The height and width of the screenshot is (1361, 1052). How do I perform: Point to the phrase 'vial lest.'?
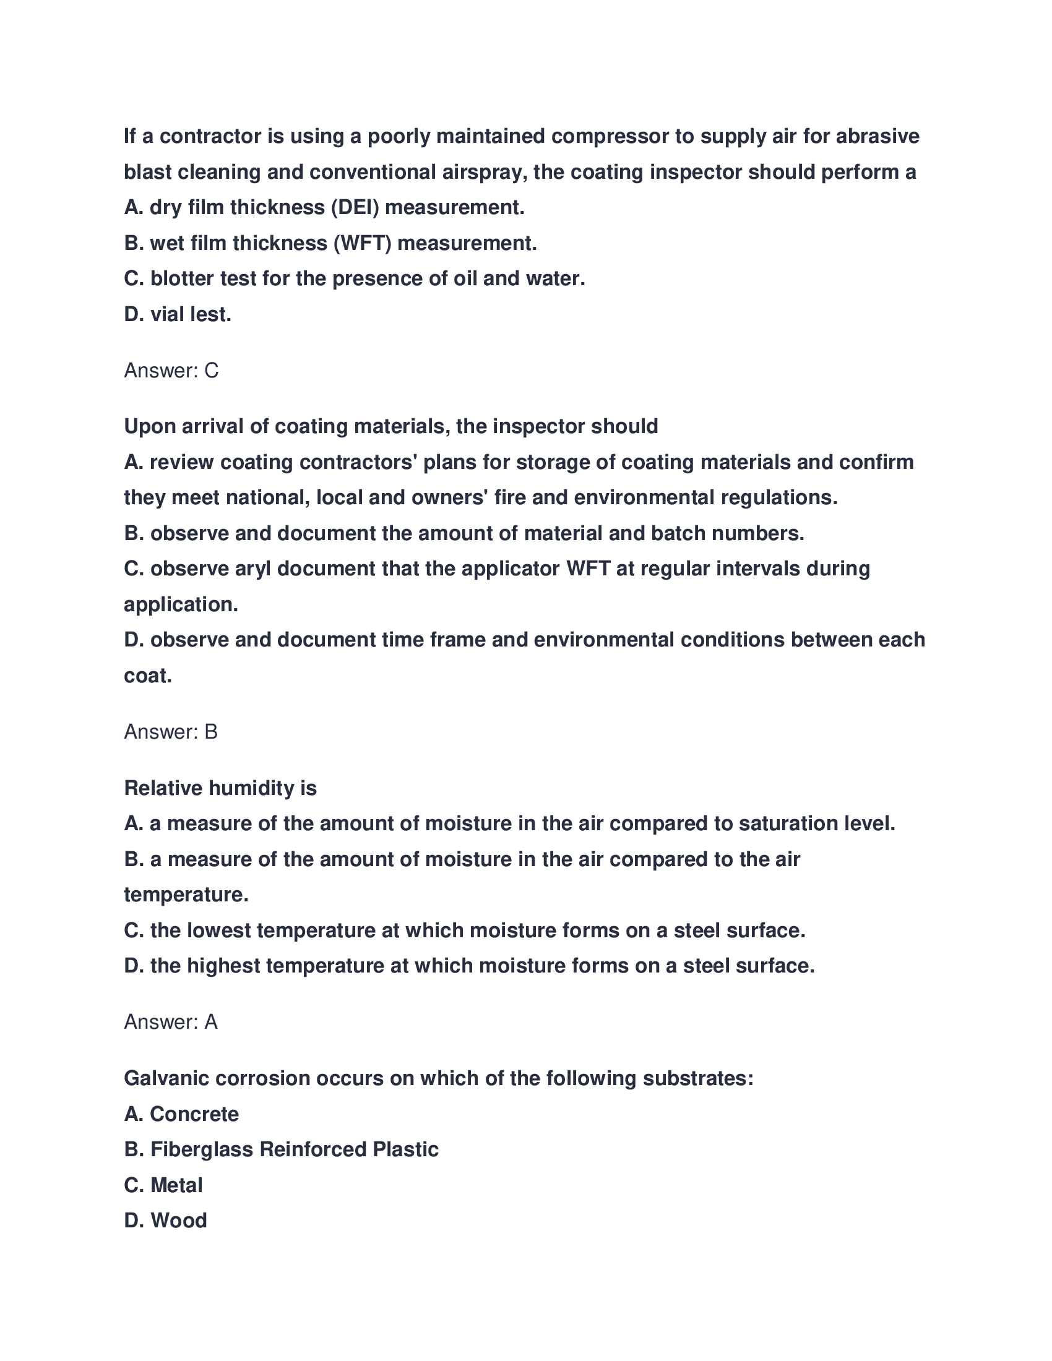coord(191,315)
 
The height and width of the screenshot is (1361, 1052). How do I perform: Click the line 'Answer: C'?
coord(171,371)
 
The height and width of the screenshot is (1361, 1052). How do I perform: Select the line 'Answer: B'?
coord(171,732)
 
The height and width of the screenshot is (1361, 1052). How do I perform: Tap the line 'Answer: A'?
coord(171,1022)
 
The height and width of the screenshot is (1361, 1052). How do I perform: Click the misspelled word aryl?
coord(253,569)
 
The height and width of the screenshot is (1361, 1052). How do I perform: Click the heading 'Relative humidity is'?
coord(220,788)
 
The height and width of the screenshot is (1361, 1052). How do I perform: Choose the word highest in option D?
coord(223,966)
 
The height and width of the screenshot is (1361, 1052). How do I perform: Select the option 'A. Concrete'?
coord(181,1114)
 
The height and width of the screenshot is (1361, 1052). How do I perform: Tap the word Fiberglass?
coord(201,1150)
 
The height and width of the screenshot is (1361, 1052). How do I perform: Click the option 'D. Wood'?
coord(165,1221)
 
